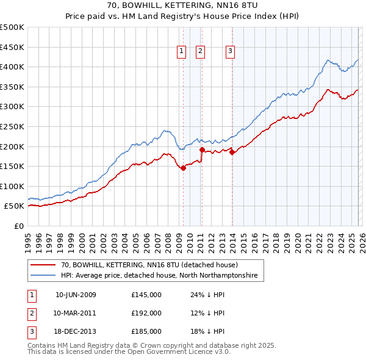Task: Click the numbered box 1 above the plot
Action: [x=182, y=52]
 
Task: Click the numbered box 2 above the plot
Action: [x=201, y=52]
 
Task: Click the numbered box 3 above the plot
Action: [x=231, y=52]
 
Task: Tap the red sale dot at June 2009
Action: [x=183, y=168]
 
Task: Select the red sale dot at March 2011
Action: [x=202, y=149]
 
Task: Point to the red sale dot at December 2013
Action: [x=232, y=153]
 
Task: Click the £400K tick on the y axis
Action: [x=13, y=67]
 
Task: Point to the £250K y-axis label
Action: [x=13, y=127]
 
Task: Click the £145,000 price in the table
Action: [x=146, y=295]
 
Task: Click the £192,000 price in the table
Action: [x=146, y=313]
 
